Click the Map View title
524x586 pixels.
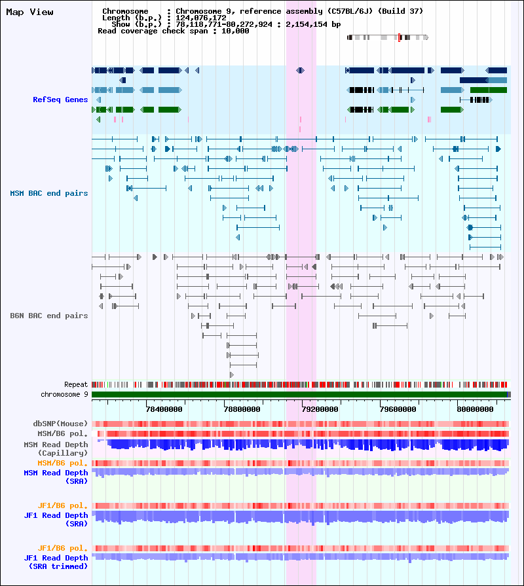pyautogui.click(x=29, y=12)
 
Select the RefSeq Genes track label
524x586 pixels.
pyautogui.click(x=60, y=100)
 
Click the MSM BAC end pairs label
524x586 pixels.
pyautogui.click(x=49, y=193)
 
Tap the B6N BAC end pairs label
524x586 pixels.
pyautogui.click(x=49, y=316)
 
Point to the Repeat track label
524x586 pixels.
pyautogui.click(x=76, y=384)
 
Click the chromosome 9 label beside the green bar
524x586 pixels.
pyautogui.click(x=64, y=394)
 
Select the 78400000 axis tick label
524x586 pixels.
pyautogui.click(x=164, y=409)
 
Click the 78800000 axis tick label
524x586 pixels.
pyautogui.click(x=242, y=409)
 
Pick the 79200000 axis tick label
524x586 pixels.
pyautogui.click(x=320, y=409)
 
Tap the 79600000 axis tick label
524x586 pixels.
pyautogui.click(x=398, y=409)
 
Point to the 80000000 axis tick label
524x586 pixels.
pyautogui.click(x=475, y=409)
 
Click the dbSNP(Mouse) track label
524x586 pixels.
pyautogui.click(x=60, y=424)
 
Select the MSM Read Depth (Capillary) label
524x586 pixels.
pyautogui.click(x=56, y=449)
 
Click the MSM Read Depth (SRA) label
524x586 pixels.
pyautogui.click(x=56, y=477)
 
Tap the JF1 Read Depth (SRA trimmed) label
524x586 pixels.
pyautogui.click(x=56, y=562)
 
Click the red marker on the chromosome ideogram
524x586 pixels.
pyautogui.click(x=399, y=37)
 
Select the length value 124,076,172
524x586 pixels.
pyautogui.click(x=201, y=18)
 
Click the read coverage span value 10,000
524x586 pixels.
pyautogui.click(x=235, y=31)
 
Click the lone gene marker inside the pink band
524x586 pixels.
pyautogui.click(x=300, y=70)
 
